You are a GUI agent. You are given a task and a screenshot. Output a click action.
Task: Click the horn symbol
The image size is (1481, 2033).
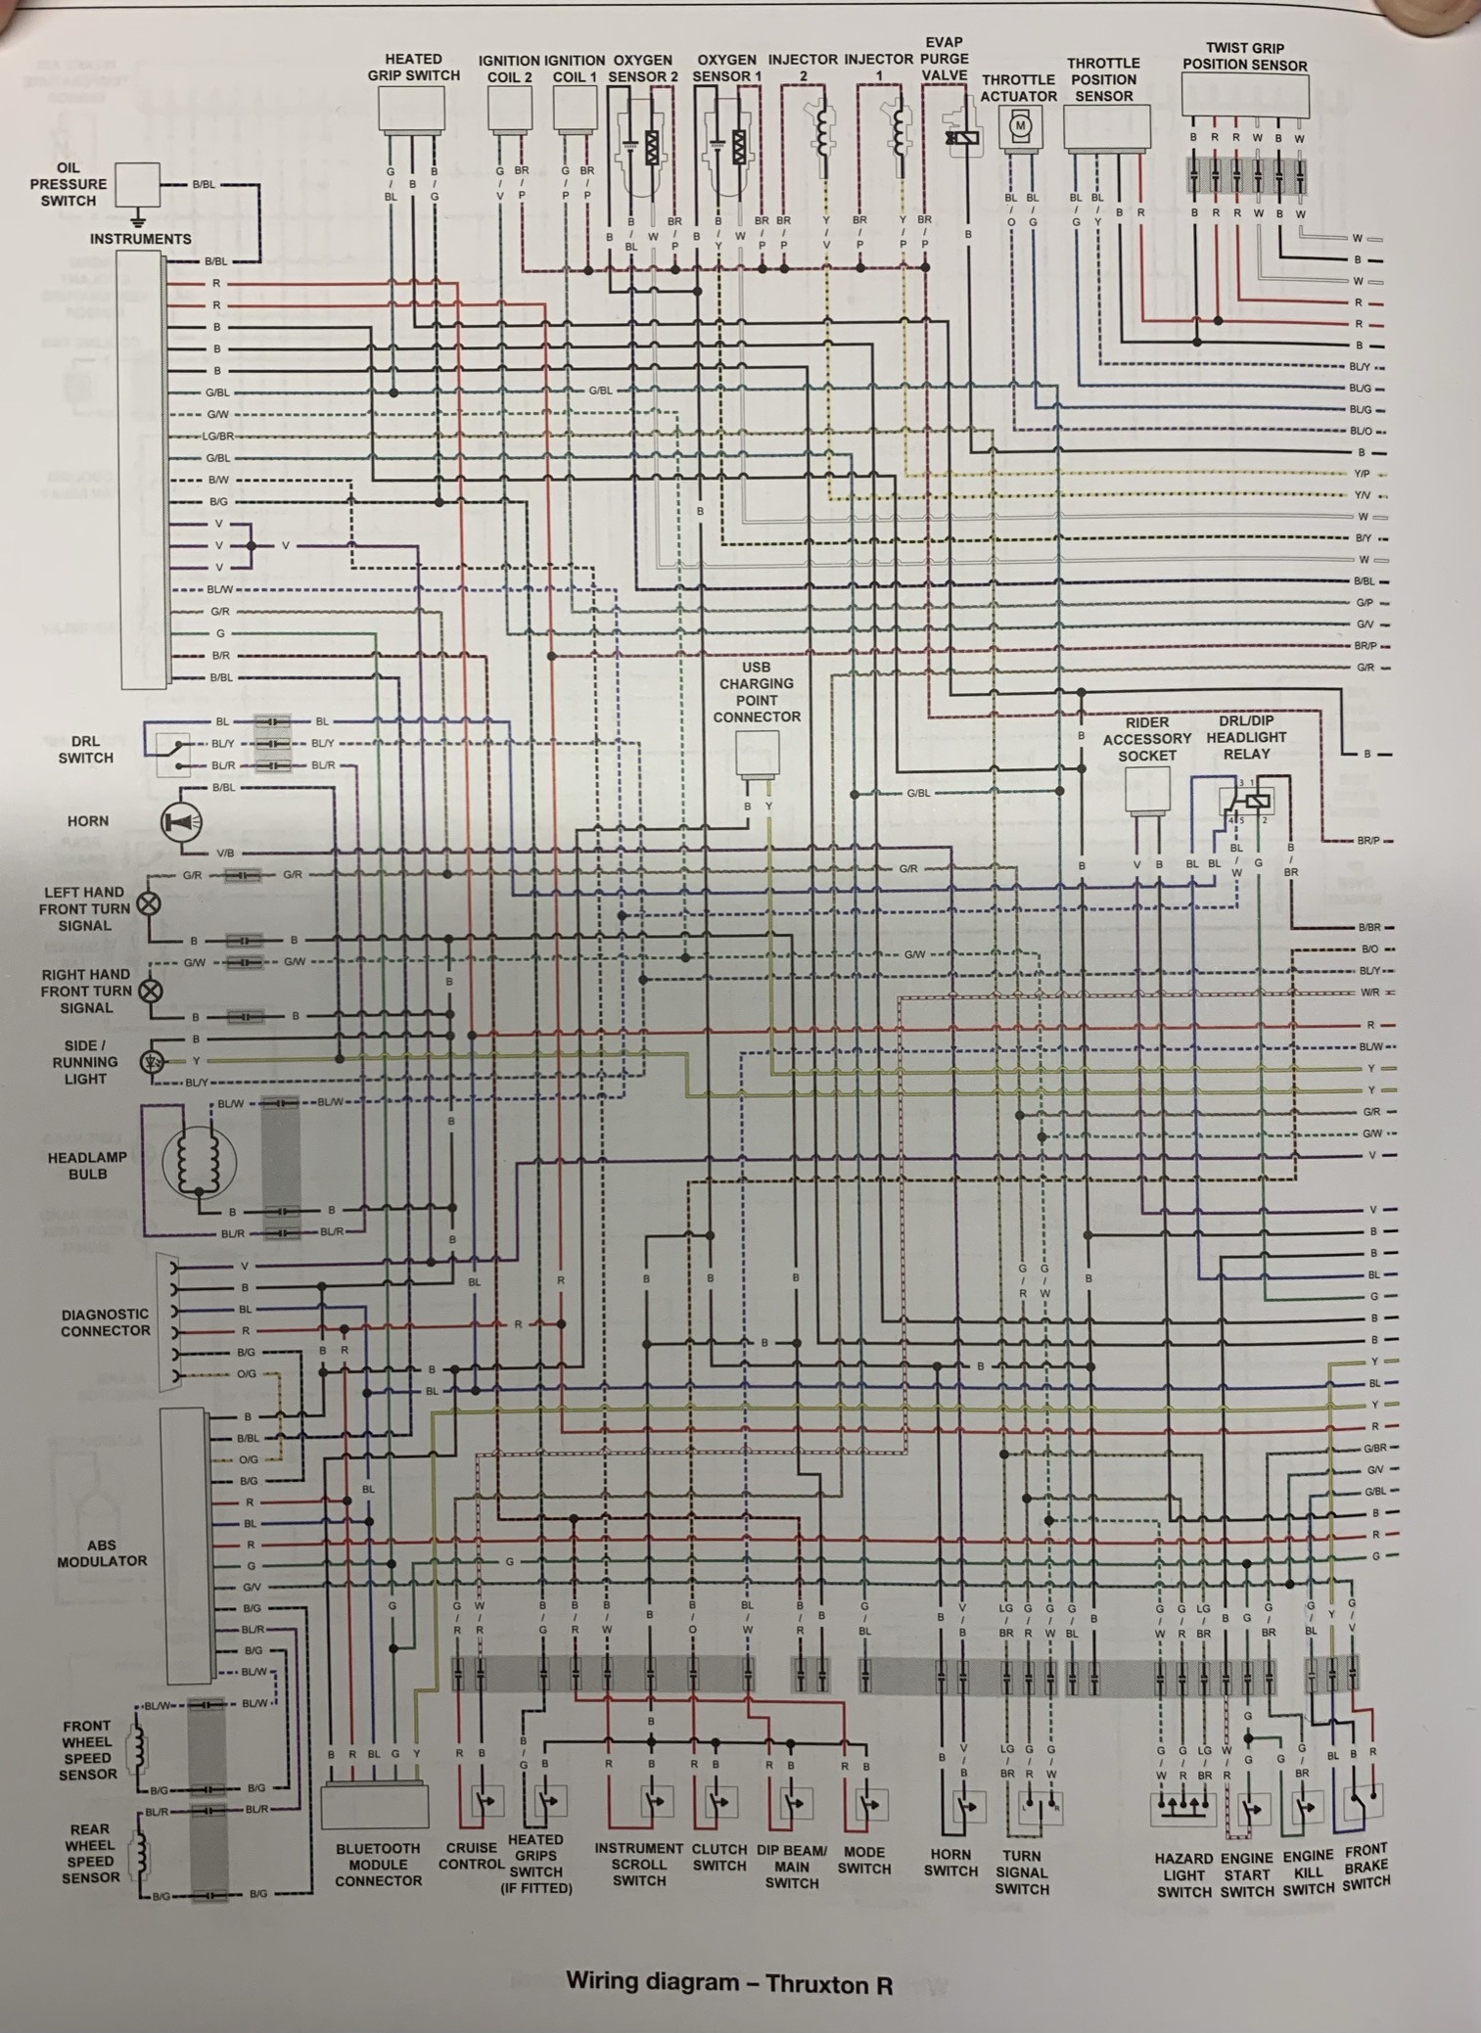click(x=181, y=822)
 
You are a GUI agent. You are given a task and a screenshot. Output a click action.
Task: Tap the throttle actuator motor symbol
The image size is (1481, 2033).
click(x=1020, y=126)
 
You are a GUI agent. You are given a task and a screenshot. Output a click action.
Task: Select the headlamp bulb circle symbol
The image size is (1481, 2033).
click(x=199, y=1163)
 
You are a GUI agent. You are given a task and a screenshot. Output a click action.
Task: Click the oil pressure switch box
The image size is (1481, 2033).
click(x=137, y=184)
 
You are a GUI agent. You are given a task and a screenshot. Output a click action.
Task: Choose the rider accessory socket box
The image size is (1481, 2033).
click(x=1147, y=789)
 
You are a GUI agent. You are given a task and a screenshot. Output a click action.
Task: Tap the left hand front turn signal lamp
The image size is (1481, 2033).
click(x=149, y=903)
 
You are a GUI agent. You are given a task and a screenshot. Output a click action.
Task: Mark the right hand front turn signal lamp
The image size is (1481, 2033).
click(x=150, y=991)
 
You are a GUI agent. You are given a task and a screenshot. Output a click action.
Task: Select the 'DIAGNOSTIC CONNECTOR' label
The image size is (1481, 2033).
click(x=106, y=1322)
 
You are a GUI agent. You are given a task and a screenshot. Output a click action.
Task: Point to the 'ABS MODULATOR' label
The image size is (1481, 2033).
click(x=102, y=1553)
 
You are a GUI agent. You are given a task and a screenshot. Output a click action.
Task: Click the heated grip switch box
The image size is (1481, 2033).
click(x=412, y=108)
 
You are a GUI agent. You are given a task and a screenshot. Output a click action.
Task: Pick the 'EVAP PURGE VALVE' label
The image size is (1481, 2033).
click(x=944, y=59)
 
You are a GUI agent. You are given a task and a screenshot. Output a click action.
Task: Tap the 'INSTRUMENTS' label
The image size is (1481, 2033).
click(x=141, y=239)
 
